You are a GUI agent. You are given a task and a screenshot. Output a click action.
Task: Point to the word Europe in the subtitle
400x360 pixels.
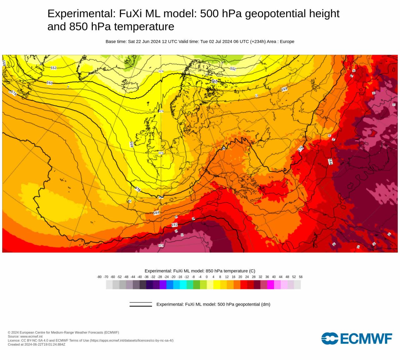point(287,42)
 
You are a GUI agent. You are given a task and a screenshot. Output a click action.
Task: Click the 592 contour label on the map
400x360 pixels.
point(175,225)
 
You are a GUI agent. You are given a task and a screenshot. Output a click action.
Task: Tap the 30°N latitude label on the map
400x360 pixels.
point(161,245)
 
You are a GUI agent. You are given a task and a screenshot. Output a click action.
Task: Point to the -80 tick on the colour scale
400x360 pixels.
point(99,277)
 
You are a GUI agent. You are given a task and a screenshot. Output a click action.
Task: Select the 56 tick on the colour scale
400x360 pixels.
point(301,277)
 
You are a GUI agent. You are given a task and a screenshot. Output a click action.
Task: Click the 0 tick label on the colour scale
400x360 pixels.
point(207,277)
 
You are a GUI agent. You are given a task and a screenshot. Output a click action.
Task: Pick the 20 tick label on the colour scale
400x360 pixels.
point(240,277)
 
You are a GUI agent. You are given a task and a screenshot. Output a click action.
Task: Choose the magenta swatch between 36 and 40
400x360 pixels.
point(271,285)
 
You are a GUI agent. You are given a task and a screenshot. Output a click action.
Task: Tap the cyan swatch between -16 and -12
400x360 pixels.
point(183,285)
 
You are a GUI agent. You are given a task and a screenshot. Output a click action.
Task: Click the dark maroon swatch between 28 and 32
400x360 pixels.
point(257,285)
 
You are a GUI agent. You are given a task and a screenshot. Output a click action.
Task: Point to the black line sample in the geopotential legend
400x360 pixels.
point(141,304)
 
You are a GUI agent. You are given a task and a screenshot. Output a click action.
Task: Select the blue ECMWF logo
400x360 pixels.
point(357,338)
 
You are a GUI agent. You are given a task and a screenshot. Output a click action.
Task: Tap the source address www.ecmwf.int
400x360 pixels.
point(31,337)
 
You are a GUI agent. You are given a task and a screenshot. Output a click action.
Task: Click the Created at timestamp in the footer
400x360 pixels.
point(37,344)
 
